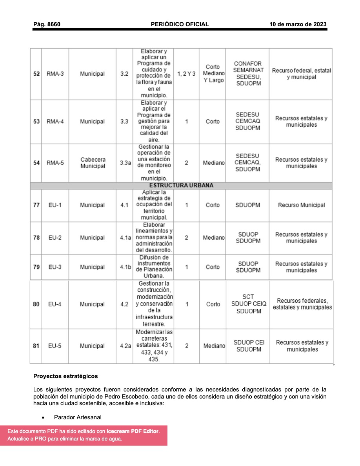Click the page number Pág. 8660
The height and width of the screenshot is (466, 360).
[47, 24]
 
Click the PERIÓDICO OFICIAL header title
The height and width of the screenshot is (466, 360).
[180, 24]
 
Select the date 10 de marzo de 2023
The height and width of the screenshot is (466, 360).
[298, 24]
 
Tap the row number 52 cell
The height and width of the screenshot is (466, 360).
[36, 74]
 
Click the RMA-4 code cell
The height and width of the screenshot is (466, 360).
[55, 122]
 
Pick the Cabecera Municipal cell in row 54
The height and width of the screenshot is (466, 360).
[93, 163]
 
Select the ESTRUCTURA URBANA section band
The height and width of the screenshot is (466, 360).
[181, 186]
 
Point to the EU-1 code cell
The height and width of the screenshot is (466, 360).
[55, 205]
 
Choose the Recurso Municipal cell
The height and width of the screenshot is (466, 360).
[301, 205]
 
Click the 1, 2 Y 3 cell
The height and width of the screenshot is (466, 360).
[186, 74]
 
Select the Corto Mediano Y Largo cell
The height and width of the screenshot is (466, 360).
[213, 74]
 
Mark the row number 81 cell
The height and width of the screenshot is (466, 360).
[36, 346]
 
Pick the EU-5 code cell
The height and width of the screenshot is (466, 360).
[55, 346]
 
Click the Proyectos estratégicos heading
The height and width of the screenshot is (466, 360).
[65, 376]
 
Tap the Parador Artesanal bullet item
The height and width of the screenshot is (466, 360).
[78, 417]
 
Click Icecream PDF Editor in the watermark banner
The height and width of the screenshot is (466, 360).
[133, 431]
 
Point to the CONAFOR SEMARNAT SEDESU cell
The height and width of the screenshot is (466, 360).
[248, 73]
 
